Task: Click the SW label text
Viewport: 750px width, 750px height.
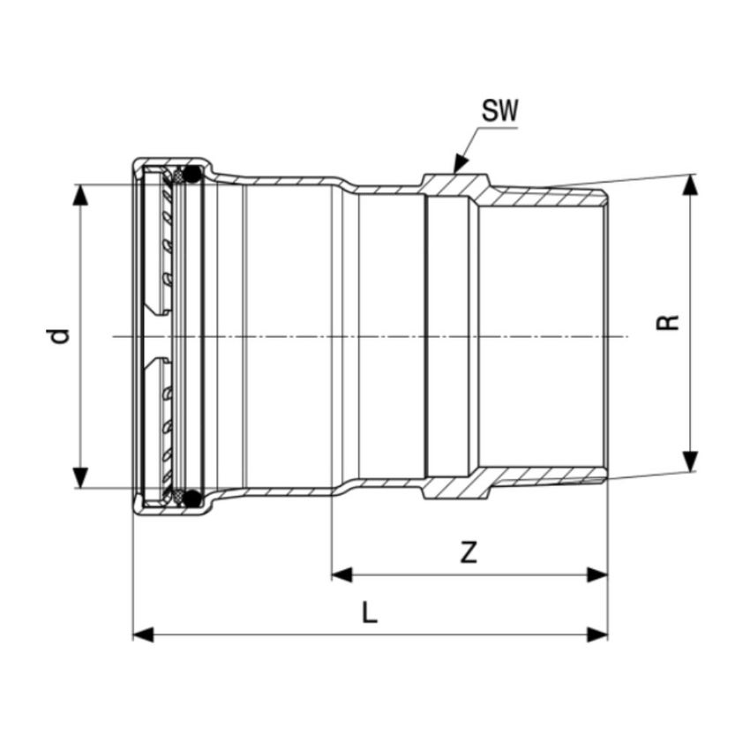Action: click(x=499, y=111)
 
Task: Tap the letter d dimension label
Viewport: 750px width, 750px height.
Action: click(x=60, y=336)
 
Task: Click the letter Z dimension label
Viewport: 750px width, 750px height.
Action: click(x=469, y=552)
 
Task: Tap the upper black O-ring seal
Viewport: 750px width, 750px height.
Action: click(x=192, y=175)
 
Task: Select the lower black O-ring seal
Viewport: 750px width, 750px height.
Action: click(x=192, y=498)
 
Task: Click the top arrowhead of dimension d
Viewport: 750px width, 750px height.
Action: click(x=80, y=195)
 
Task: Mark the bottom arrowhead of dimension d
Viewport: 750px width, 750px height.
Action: click(x=80, y=477)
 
